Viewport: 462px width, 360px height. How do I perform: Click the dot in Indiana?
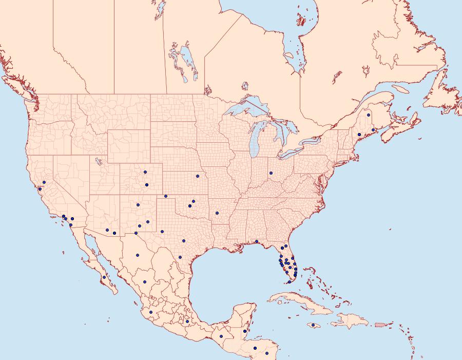coord(270,173)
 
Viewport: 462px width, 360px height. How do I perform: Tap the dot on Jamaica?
coord(313,325)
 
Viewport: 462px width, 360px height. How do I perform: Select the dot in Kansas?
coord(197,176)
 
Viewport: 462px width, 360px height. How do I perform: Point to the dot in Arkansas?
coord(217,213)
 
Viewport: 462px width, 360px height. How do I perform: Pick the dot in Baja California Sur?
coord(104,277)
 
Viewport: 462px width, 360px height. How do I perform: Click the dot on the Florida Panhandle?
coord(256,241)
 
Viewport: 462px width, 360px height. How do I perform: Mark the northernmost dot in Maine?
coord(369,115)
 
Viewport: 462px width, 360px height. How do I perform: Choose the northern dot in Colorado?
coord(145,172)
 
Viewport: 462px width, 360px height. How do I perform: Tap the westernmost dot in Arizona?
coord(107,230)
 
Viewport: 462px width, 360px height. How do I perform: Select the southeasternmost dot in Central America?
coord(267,353)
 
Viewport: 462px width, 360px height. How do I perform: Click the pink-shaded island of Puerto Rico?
coord(380,324)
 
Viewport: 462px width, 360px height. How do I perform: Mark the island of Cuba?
coord(303,302)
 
